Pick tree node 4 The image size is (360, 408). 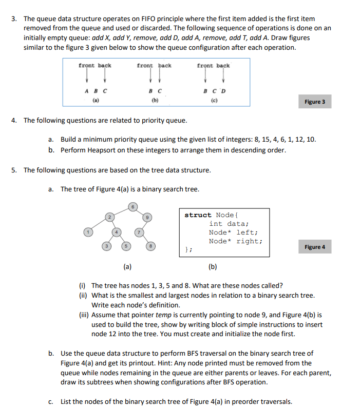pyautogui.click(x=117, y=232)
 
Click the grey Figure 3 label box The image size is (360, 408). pyautogui.click(x=315, y=102)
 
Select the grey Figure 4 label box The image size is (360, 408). pyautogui.click(x=315, y=247)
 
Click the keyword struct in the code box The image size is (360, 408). pyautogui.click(x=198, y=215)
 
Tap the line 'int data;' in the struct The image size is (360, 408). pyautogui.click(x=229, y=224)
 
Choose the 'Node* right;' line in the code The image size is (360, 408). pyautogui.click(x=236, y=241)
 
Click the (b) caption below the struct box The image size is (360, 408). pyautogui.click(x=212, y=266)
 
